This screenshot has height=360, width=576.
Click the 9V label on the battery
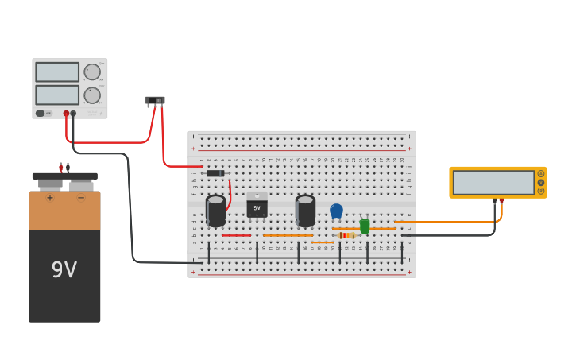pyautogui.click(x=64, y=270)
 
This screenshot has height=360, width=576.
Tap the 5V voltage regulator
pyautogui.click(x=257, y=207)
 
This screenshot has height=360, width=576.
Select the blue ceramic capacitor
pyautogui.click(x=336, y=211)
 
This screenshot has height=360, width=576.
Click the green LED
pyautogui.click(x=365, y=226)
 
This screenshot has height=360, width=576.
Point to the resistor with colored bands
pyautogui.click(x=346, y=235)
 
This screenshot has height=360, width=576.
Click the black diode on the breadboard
pyautogui.click(x=215, y=173)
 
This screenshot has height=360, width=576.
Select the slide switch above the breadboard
pyautogui.click(x=156, y=101)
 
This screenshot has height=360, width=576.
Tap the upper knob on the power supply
pyautogui.click(x=92, y=72)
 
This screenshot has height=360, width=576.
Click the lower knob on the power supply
pyautogui.click(x=92, y=95)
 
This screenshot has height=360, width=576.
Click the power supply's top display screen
pyautogui.click(x=57, y=72)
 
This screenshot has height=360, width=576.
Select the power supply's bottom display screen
pyautogui.click(x=57, y=95)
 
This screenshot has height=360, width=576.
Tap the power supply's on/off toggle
pyautogui.click(x=41, y=113)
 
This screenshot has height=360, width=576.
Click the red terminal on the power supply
pyautogui.click(x=66, y=114)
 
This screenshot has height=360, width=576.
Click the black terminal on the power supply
pyautogui.click(x=73, y=114)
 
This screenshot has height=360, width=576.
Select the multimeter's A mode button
pyautogui.click(x=541, y=174)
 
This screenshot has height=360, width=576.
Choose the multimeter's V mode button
pyautogui.click(x=541, y=182)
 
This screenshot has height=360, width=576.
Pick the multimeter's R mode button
pyautogui.click(x=541, y=191)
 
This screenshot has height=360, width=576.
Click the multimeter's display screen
pyautogui.click(x=493, y=182)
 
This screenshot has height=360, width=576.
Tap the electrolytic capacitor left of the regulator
pyautogui.click(x=215, y=211)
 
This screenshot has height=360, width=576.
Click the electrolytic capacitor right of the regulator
pyautogui.click(x=305, y=211)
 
